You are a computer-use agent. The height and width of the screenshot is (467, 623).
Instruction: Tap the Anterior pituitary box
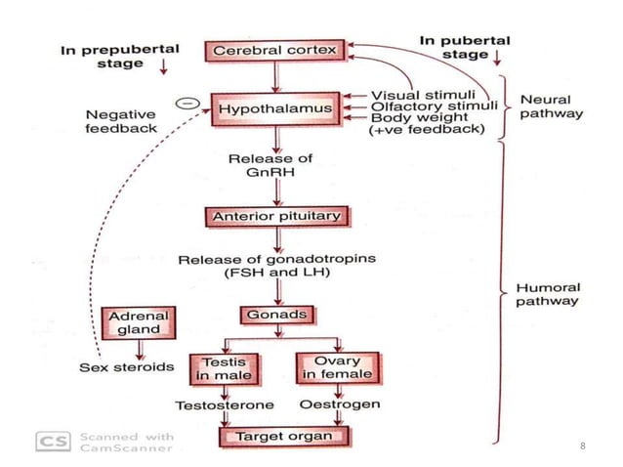pos(277,215)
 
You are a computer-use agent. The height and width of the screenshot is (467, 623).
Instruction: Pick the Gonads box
pos(276,315)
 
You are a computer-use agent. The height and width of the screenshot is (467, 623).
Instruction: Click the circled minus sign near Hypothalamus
pos(183,103)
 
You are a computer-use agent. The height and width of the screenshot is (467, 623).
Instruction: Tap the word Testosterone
pos(224,403)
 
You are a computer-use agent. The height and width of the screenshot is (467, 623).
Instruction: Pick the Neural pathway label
pos(551,106)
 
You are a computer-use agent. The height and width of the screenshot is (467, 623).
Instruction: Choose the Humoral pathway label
pos(547,295)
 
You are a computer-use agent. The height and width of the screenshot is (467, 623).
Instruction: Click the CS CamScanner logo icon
pos(51,442)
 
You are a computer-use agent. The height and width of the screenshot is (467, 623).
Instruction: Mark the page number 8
pos(583,446)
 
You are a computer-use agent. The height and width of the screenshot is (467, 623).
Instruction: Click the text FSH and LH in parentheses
pos(276,274)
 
